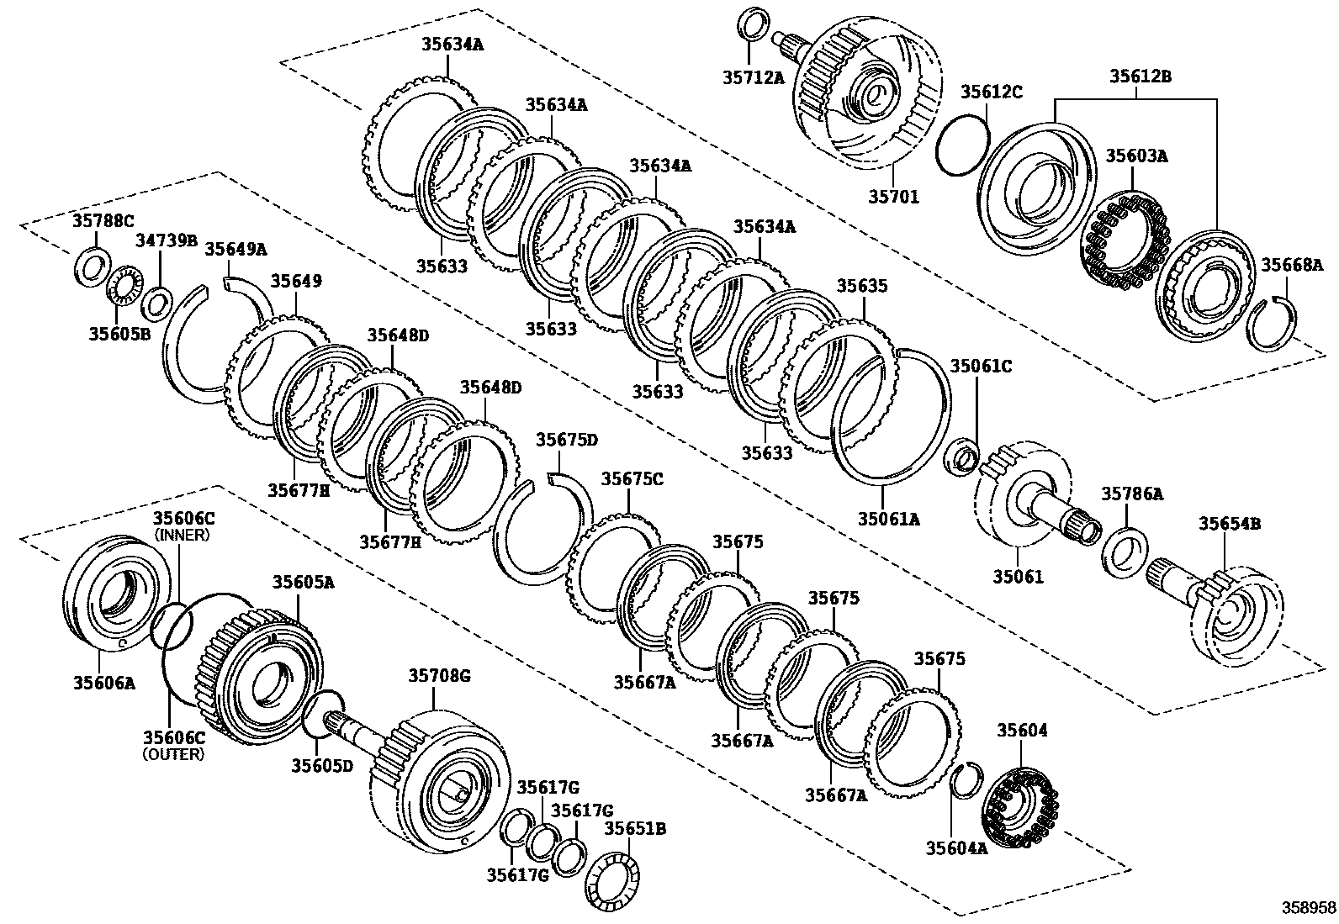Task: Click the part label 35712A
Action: tap(753, 77)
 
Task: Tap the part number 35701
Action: tap(893, 198)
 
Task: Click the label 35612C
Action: tap(992, 92)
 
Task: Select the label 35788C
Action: tap(103, 221)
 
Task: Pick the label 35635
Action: tap(861, 287)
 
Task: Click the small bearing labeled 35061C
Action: tap(961, 457)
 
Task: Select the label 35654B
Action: tap(1229, 524)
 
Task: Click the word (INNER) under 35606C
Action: tap(183, 535)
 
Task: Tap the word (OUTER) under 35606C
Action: tap(173, 754)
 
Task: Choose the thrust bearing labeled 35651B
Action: tap(610, 879)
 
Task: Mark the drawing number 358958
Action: tap(1308, 908)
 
